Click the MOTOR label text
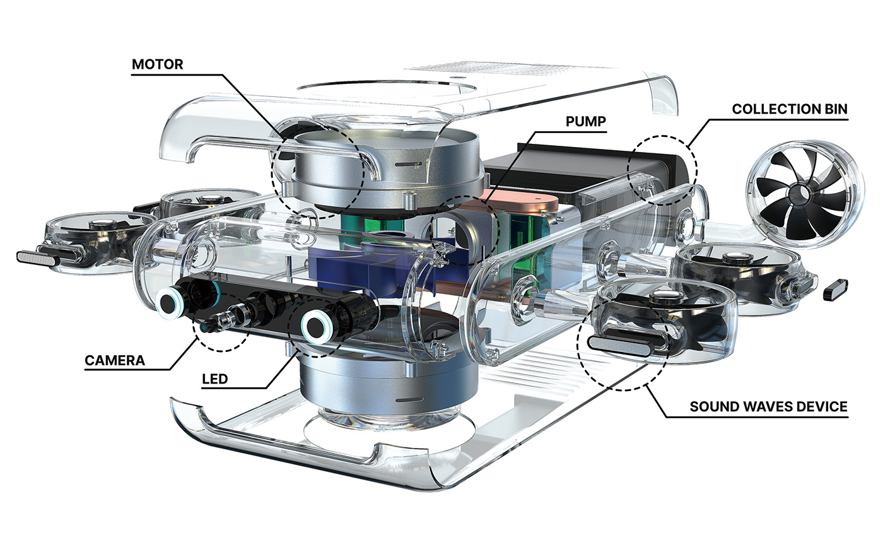point(157,64)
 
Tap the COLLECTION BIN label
point(790,109)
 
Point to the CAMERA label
point(115,361)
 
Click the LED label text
point(214,379)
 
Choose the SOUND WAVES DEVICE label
point(768,406)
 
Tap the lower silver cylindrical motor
point(388,385)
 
